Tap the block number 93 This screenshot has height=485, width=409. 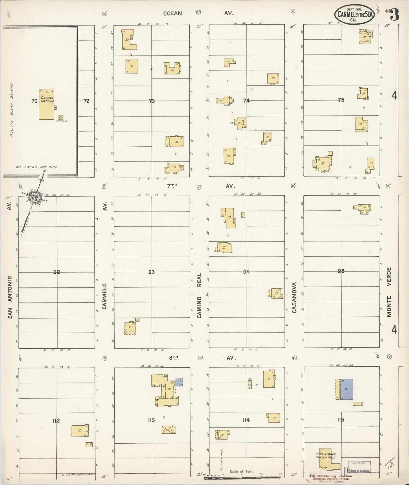tap(151, 272)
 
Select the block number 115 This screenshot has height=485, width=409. tap(341, 420)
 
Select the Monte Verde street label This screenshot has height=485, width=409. tap(389, 292)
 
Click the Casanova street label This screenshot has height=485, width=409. tap(294, 297)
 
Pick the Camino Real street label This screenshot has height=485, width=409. tap(199, 295)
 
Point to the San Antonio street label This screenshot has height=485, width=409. tap(10, 297)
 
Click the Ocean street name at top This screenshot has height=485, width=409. tap(172, 13)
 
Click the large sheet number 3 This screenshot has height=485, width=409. tap(395, 14)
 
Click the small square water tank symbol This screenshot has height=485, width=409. tap(61, 117)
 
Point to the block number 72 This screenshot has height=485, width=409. tap(86, 101)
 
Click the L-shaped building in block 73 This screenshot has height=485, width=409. tap(128, 40)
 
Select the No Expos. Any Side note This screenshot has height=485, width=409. tap(37, 167)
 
